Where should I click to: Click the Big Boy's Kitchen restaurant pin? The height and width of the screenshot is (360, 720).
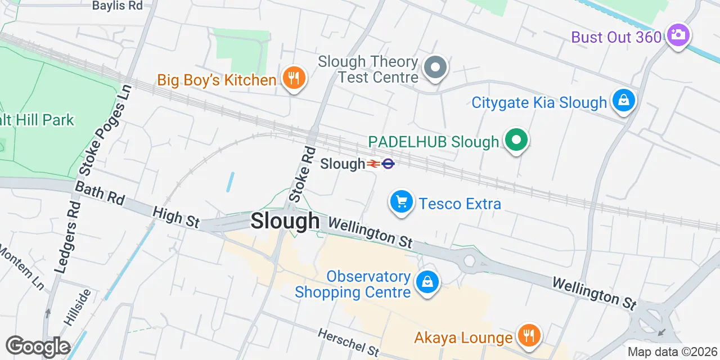pyautogui.click(x=293, y=78)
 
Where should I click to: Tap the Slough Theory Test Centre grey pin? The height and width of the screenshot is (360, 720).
pyautogui.click(x=435, y=67)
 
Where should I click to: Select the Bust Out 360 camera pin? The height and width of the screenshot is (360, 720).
pyautogui.click(x=678, y=35)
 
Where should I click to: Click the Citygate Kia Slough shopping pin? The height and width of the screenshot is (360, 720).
pyautogui.click(x=623, y=101)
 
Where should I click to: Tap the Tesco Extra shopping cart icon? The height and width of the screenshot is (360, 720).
pyautogui.click(x=401, y=201)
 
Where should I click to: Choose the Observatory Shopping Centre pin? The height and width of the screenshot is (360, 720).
pyautogui.click(x=427, y=283)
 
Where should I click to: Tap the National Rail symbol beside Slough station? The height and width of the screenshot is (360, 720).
pyautogui.click(x=373, y=164)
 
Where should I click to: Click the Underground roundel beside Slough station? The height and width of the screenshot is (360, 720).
pyautogui.click(x=388, y=164)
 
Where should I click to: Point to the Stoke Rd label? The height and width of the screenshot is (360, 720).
pyautogui.click(x=302, y=174)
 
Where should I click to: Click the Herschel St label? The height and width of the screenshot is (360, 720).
pyautogui.click(x=349, y=342)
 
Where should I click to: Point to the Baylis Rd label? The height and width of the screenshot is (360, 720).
pyautogui.click(x=117, y=6)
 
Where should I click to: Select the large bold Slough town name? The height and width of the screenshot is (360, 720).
pyautogui.click(x=285, y=221)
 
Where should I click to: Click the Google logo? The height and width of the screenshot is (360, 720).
pyautogui.click(x=38, y=347)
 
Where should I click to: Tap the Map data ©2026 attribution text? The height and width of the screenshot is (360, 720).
pyautogui.click(x=673, y=352)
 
